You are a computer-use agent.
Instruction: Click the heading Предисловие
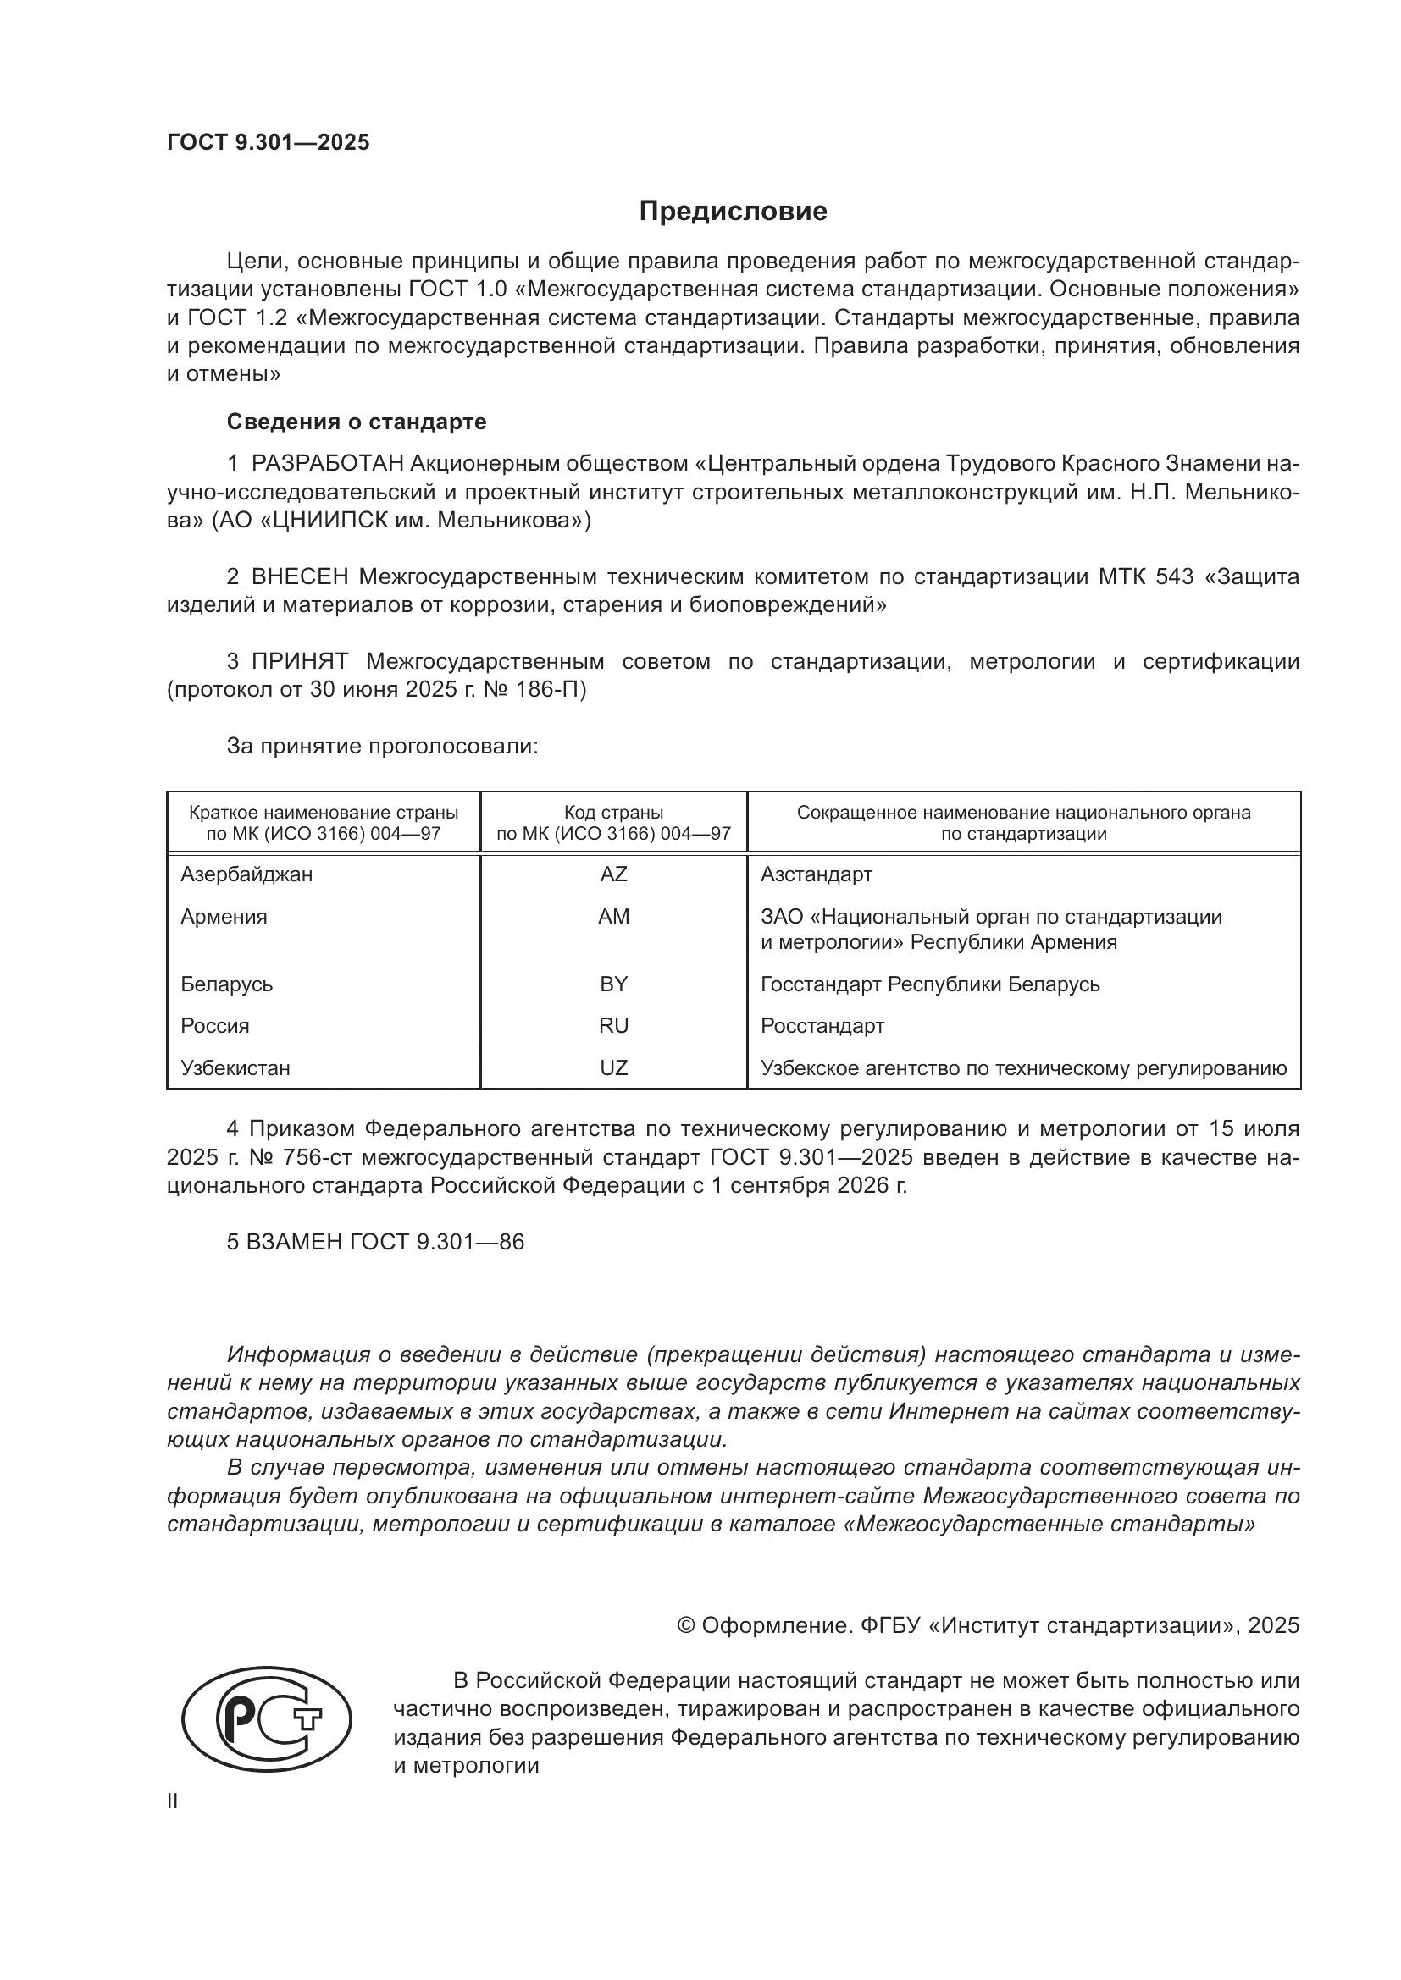click(x=733, y=212)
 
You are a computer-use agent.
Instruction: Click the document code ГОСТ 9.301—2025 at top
click(x=268, y=142)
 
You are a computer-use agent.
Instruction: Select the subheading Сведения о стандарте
click(x=357, y=422)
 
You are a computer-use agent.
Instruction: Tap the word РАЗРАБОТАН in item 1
click(x=327, y=464)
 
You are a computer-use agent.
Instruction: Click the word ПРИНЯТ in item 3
click(x=299, y=661)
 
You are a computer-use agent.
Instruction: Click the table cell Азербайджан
click(x=246, y=874)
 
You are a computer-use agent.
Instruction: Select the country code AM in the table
click(x=613, y=916)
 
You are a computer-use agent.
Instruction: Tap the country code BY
click(x=613, y=984)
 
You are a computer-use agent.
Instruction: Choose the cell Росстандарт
click(x=822, y=1025)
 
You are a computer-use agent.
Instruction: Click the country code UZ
click(x=613, y=1067)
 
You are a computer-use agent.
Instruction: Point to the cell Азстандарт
click(x=816, y=874)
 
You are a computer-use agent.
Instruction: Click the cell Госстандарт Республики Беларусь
click(x=930, y=984)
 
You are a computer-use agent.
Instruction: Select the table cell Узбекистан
click(x=235, y=1067)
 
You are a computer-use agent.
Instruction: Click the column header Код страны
click(x=613, y=813)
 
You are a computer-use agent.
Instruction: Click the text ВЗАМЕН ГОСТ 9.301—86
click(x=375, y=1242)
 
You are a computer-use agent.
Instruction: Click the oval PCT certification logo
click(x=267, y=1718)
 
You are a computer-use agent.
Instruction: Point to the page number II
click(x=173, y=1801)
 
